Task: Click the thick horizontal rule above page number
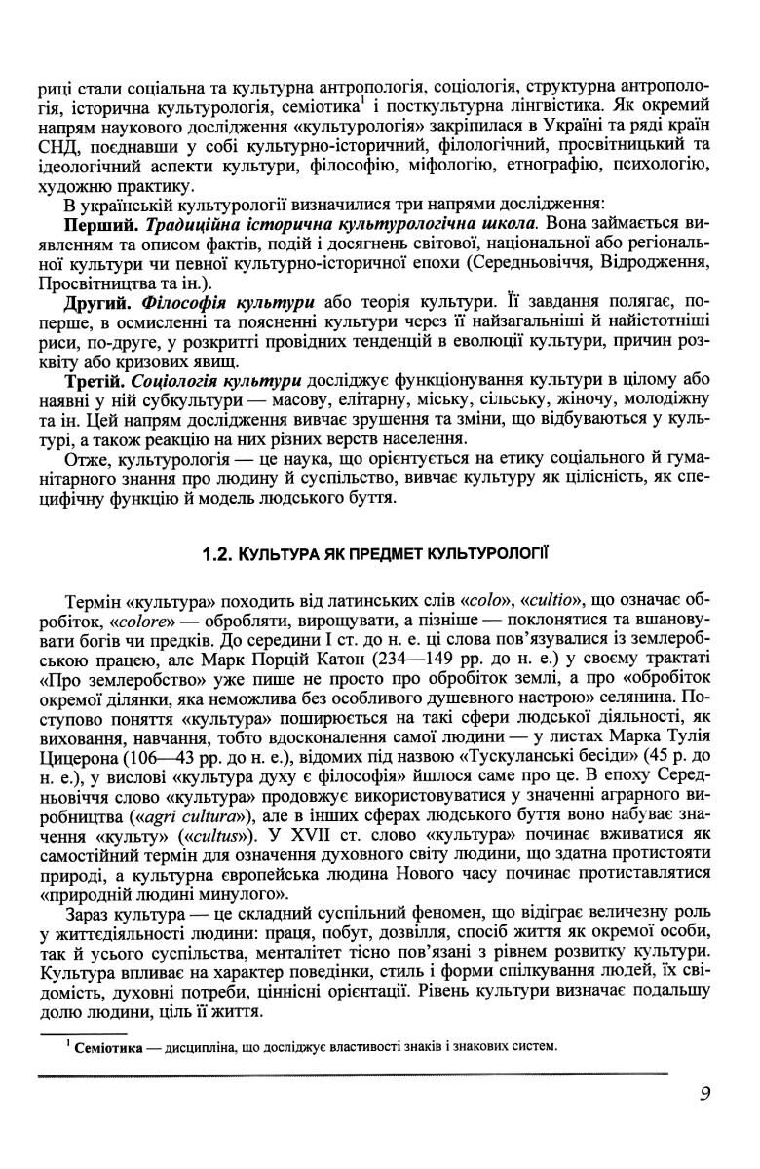pyautogui.click(x=351, y=1075)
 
